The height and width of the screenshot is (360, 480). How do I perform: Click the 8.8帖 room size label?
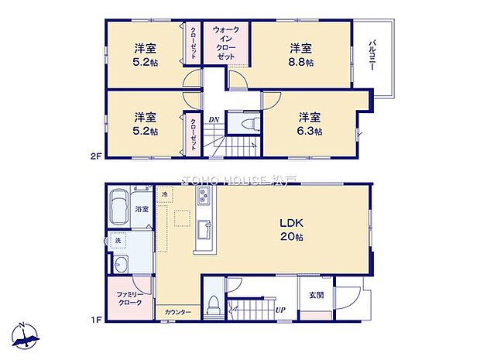[302, 61]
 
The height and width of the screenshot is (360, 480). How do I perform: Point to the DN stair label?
[214, 119]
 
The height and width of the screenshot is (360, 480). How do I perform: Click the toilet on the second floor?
[247, 124]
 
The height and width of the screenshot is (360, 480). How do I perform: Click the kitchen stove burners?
[203, 201]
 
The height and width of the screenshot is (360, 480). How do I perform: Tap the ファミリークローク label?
[129, 299]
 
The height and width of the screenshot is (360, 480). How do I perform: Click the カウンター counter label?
[177, 312]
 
